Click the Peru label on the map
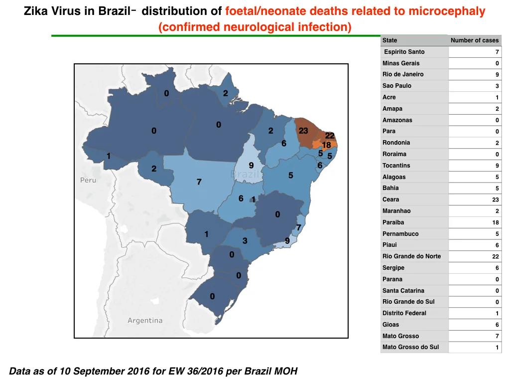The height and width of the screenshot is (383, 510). click(88, 180)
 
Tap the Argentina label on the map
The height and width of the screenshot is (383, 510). click(145, 321)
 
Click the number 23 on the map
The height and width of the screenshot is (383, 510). click(303, 131)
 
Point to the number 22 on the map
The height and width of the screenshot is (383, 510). click(330, 136)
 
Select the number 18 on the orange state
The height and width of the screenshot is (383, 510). click(326, 145)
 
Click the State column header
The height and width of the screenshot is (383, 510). click(389, 40)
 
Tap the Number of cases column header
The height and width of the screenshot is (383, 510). click(475, 40)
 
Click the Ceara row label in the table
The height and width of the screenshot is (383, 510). click(390, 199)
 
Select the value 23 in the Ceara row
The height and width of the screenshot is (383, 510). click(496, 199)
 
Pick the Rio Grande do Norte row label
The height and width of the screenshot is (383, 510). click(411, 256)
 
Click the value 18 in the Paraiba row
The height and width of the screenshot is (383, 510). click(496, 222)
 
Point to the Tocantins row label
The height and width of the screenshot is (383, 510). click(396, 166)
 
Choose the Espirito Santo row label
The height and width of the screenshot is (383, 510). click(404, 52)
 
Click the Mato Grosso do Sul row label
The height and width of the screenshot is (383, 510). click(410, 347)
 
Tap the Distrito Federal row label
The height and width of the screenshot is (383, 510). click(404, 313)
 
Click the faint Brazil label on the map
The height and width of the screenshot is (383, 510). click(245, 174)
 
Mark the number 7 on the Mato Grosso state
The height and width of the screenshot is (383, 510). click(199, 182)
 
